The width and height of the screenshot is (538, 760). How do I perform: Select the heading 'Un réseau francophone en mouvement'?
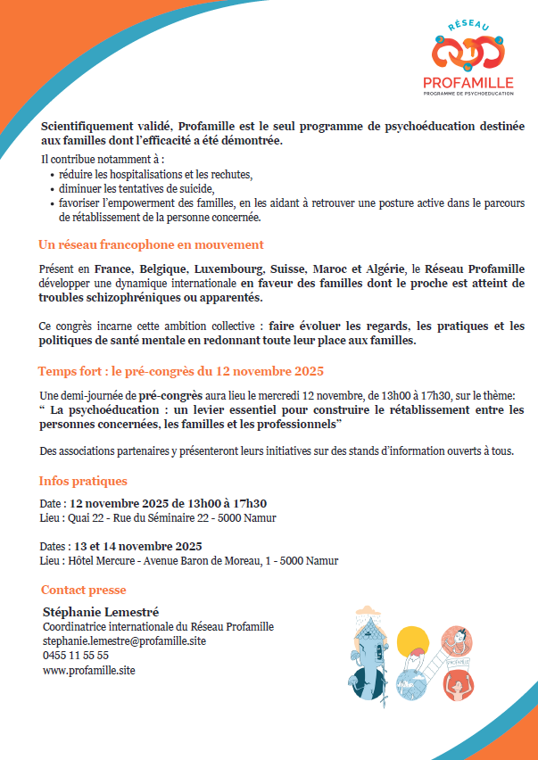(x=151, y=244)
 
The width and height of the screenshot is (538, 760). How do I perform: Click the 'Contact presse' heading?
(x=84, y=590)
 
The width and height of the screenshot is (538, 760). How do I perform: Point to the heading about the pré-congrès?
(x=180, y=371)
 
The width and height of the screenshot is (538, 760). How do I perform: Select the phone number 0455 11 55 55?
(x=76, y=655)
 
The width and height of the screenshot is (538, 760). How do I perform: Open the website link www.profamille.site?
(x=89, y=669)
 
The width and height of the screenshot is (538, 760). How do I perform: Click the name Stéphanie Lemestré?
(x=101, y=612)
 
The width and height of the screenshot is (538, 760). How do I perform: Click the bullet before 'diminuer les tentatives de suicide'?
(x=52, y=190)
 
